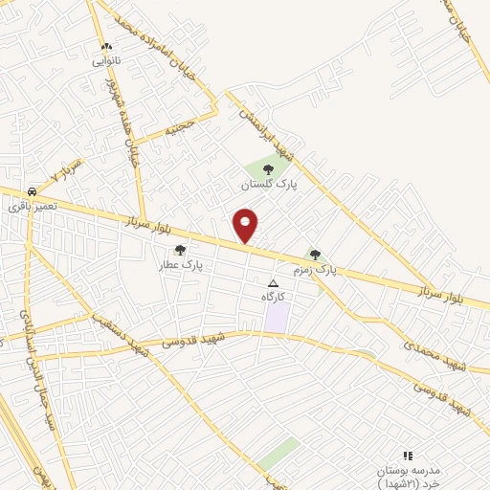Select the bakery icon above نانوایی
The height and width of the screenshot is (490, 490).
click(106, 46)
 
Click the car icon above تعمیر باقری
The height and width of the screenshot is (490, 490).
click(33, 191)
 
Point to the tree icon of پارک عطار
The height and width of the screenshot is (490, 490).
click(180, 250)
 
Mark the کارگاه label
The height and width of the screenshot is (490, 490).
click(275, 298)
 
